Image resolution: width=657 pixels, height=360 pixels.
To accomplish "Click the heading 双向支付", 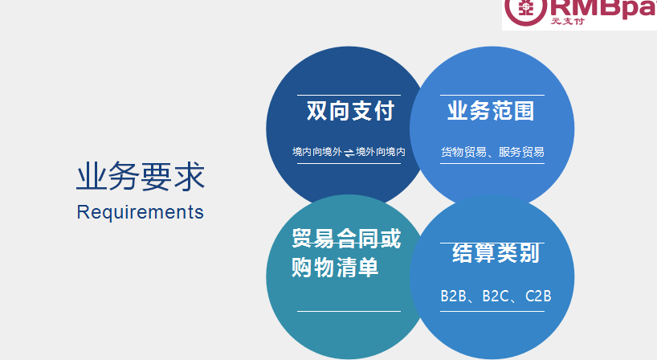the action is coord(350,111).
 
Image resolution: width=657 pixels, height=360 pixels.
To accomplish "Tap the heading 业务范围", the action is coord(491,111).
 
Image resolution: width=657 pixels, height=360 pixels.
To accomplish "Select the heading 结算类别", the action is coord(496,252).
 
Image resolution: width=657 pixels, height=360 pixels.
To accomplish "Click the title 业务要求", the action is coord(141,177).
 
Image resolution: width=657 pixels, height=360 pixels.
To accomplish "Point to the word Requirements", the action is coord(140,212).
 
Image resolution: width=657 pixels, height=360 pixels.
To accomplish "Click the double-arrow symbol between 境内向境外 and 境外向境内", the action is coord(349,153).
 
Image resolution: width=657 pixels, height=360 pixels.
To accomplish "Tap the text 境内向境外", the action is coord(317,152).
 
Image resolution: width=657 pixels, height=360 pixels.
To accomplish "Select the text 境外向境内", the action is coord(381,152).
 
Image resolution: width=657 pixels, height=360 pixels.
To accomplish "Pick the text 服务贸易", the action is coord(521,152).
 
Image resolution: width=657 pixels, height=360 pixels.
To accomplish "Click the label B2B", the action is coord(453,297).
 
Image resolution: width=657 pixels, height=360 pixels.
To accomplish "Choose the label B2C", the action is coord(496,297).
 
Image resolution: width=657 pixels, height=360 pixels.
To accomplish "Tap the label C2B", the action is coord(538,297).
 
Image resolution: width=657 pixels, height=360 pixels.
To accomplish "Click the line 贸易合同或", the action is coord(346,239).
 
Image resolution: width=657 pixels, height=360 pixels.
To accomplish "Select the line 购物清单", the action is coord(335,268).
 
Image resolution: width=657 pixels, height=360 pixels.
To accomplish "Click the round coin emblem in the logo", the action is coord(525,9).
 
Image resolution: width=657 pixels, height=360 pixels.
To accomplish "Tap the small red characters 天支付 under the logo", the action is coord(567,21).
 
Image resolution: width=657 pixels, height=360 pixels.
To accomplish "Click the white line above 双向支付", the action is coord(349,96).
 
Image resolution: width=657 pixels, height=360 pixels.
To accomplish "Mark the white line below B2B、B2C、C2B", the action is coord(492,312).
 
